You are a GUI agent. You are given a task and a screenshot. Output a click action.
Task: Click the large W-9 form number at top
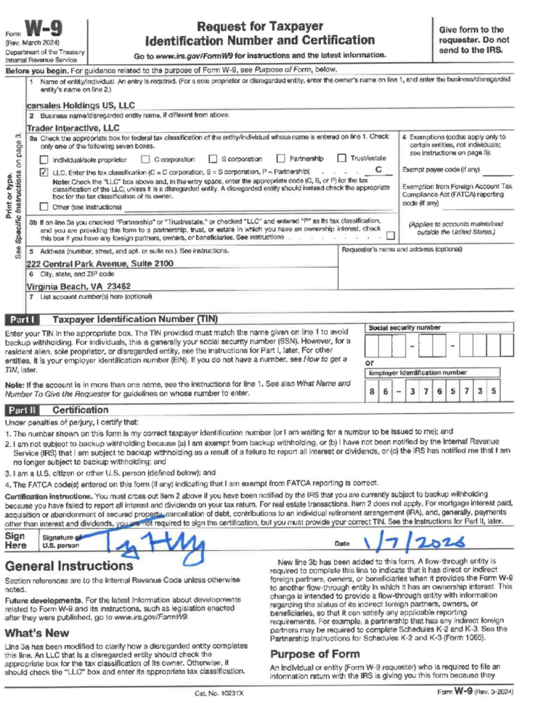click(x=45, y=30)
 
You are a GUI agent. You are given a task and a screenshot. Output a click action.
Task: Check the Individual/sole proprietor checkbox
click(x=44, y=159)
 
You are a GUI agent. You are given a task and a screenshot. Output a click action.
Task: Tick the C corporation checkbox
click(x=146, y=159)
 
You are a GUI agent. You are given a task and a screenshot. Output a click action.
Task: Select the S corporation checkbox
click(x=212, y=159)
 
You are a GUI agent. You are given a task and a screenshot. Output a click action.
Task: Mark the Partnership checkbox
click(x=281, y=158)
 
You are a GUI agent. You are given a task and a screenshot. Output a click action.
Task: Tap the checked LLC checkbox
click(x=44, y=172)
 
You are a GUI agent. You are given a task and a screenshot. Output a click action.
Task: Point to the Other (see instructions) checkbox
click(x=44, y=207)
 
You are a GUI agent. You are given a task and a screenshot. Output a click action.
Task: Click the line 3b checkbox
click(x=391, y=235)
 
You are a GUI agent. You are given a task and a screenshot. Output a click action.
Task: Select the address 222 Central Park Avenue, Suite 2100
click(x=100, y=263)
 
